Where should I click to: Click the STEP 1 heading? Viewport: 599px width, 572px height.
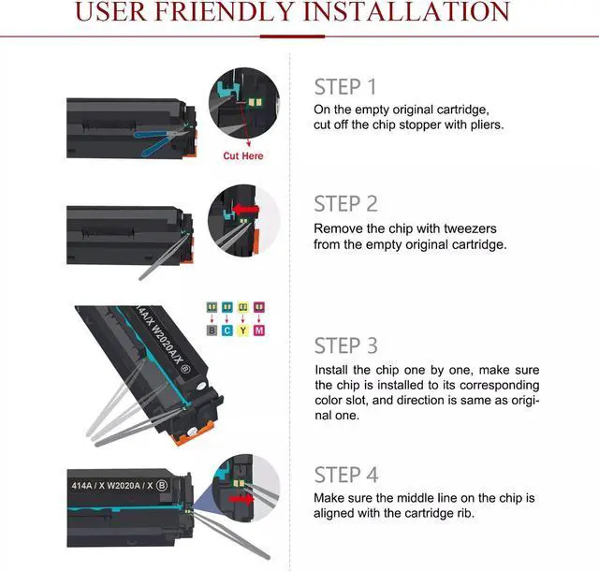[x=345, y=87]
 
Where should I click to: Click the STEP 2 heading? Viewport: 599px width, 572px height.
[x=345, y=204]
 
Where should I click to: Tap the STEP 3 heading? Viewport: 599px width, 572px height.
[x=345, y=345]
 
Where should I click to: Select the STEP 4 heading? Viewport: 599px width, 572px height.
[x=346, y=475]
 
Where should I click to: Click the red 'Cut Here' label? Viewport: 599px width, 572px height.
[x=243, y=156]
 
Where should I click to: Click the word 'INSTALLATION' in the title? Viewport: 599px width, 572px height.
[x=406, y=11]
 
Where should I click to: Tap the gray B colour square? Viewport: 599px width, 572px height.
[x=212, y=330]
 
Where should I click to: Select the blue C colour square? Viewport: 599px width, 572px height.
[x=227, y=330]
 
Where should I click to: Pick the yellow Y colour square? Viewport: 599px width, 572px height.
[x=243, y=330]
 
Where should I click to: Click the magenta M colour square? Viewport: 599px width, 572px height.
[x=259, y=330]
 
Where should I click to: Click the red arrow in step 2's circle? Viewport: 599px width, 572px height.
[x=245, y=210]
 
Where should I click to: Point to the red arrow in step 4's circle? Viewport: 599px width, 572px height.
[x=241, y=499]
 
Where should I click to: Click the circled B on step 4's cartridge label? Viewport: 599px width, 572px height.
[x=162, y=485]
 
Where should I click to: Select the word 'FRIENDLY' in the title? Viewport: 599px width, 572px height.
[x=224, y=11]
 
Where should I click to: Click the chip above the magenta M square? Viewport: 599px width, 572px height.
[x=259, y=307]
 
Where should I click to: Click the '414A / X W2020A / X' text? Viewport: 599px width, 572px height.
[x=112, y=485]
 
